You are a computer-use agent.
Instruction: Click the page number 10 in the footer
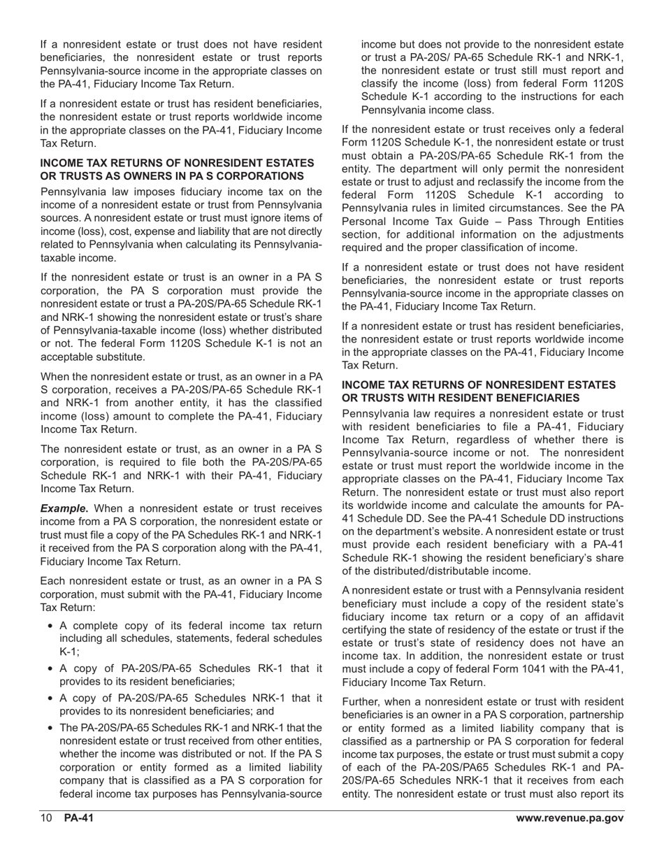(x=46, y=818)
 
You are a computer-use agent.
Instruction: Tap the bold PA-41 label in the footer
(x=78, y=818)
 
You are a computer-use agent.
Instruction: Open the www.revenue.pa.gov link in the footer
(x=570, y=818)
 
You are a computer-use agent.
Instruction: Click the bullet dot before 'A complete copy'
(x=50, y=626)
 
